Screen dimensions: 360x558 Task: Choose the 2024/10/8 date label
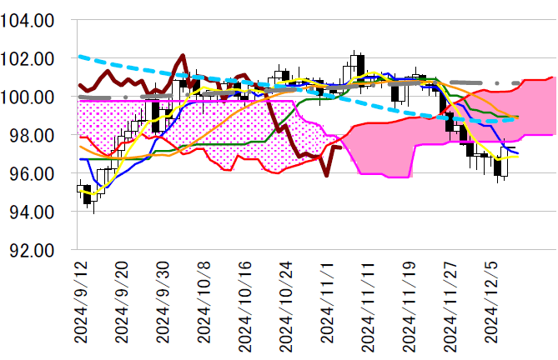point(204,302)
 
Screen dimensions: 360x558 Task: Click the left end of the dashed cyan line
point(78,57)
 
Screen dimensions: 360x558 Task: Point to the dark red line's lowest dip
point(326,176)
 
